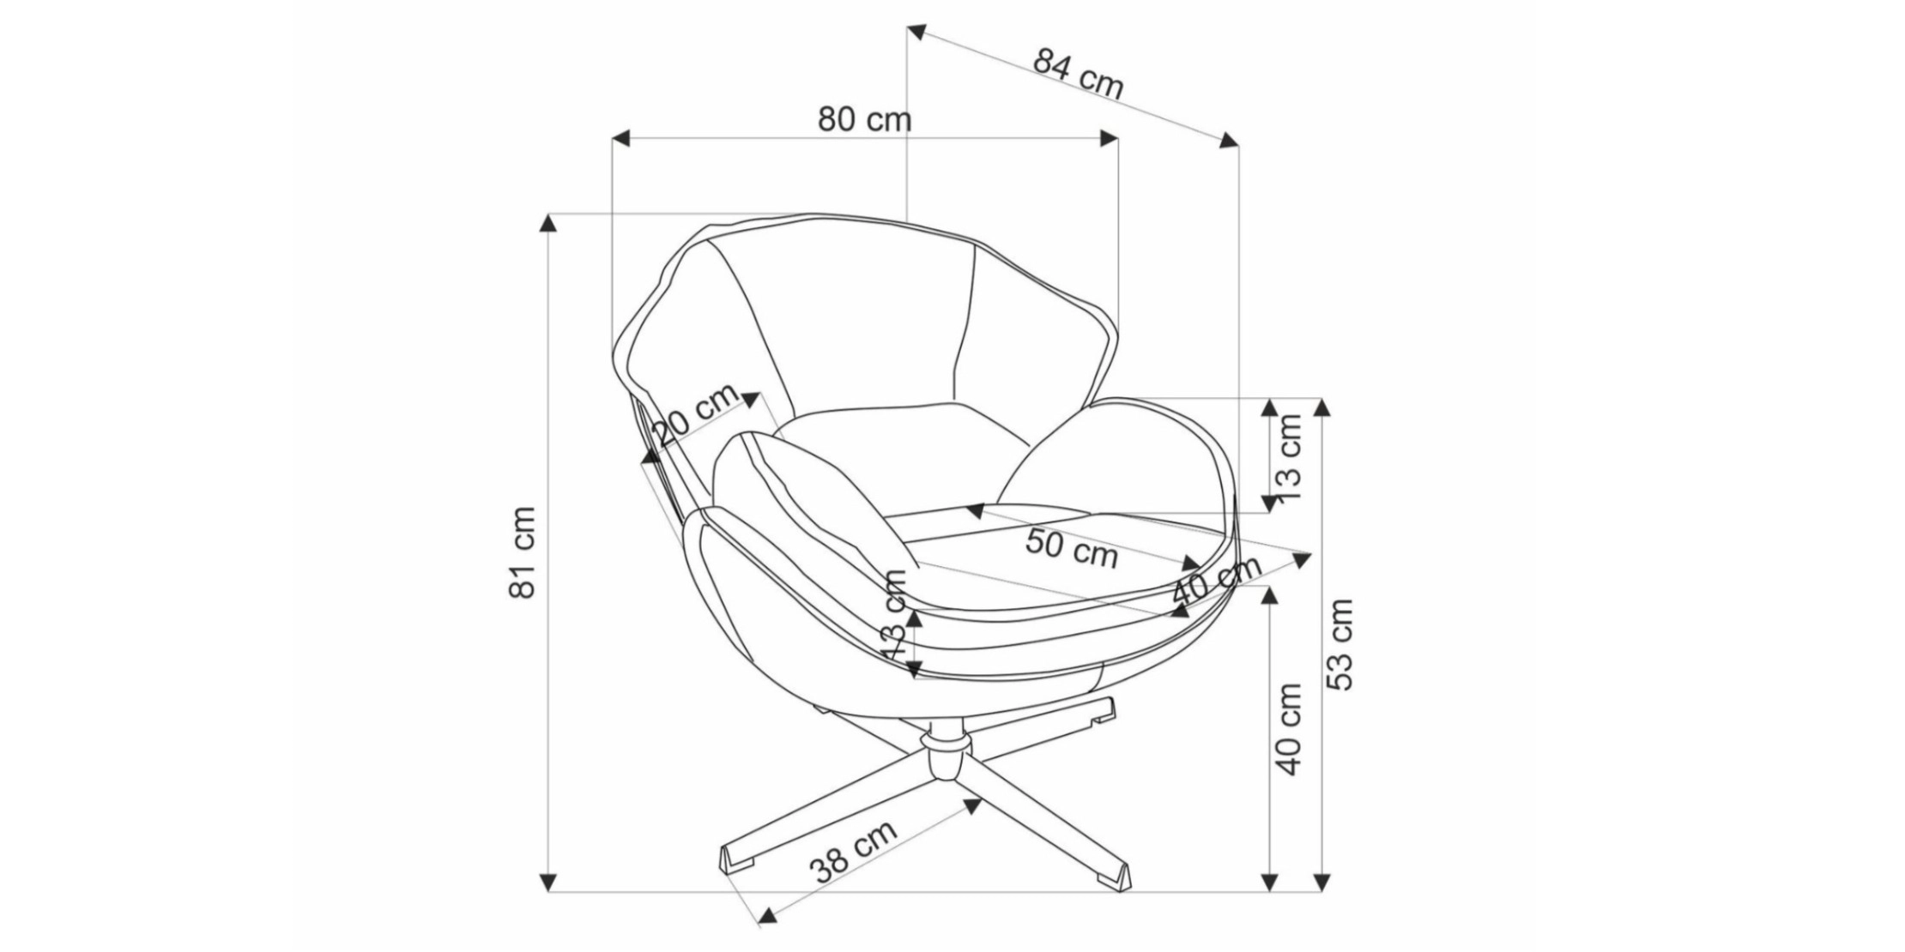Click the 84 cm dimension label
(x=1078, y=74)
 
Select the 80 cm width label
(x=864, y=119)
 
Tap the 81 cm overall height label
(x=523, y=552)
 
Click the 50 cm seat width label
(x=1072, y=548)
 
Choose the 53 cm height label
(x=1339, y=643)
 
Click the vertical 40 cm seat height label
(x=1291, y=729)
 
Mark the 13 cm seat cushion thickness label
(x=895, y=614)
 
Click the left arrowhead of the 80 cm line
(x=621, y=139)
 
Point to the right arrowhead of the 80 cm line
(x=1109, y=139)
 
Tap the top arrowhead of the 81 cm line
(x=548, y=221)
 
